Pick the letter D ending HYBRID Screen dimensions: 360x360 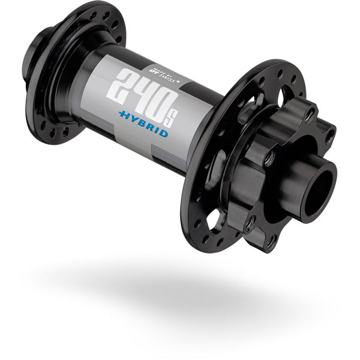(164, 133)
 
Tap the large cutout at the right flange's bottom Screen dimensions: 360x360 (213, 221)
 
